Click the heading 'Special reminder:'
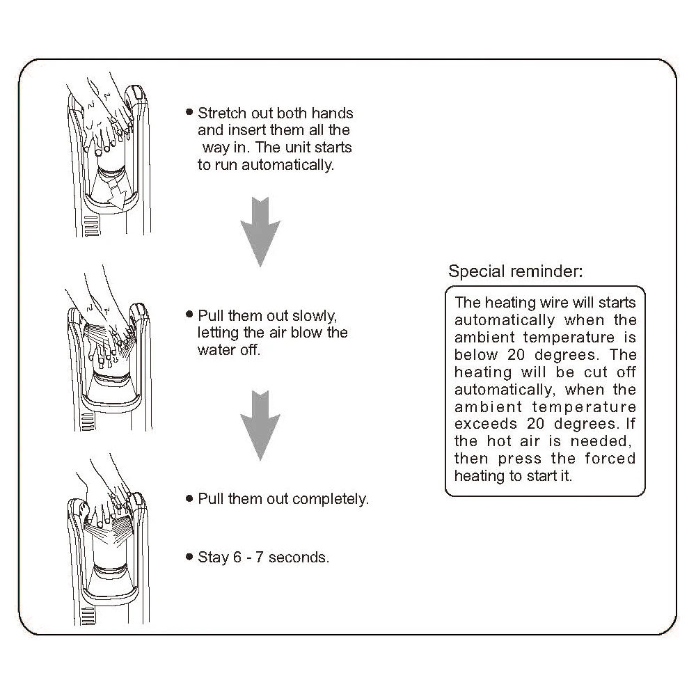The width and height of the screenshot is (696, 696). tap(516, 271)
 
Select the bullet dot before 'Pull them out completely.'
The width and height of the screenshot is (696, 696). tap(189, 498)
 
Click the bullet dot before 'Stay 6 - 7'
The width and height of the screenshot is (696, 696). tap(189, 557)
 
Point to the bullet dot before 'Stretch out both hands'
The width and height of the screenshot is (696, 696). tap(189, 112)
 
